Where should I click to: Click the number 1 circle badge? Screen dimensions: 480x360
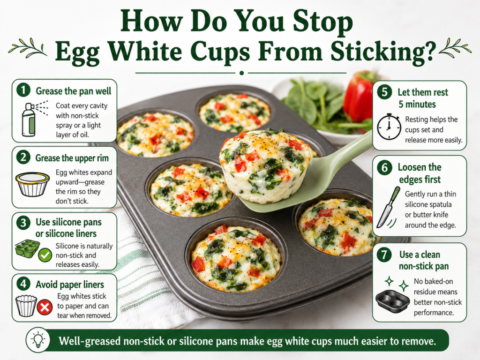(x=23, y=90)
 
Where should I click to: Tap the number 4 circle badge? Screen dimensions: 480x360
(x=23, y=284)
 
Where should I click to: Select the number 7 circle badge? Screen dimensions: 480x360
(x=384, y=255)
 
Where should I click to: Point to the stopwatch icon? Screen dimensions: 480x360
(x=389, y=127)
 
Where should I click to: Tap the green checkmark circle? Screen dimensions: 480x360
(x=45, y=255)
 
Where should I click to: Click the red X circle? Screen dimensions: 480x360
(x=45, y=307)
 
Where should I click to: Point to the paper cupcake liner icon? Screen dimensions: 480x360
(x=26, y=306)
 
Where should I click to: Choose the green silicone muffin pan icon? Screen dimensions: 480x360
(x=27, y=248)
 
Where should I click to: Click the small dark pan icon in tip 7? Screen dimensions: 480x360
(x=392, y=301)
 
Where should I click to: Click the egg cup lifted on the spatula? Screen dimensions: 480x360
(x=265, y=165)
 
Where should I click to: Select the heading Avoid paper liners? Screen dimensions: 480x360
(x=70, y=285)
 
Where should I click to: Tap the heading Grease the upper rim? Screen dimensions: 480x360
(x=72, y=158)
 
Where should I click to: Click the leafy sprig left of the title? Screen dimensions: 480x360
(x=28, y=48)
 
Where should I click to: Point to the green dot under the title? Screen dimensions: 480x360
(x=241, y=73)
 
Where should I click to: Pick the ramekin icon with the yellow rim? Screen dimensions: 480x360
(x=32, y=184)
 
